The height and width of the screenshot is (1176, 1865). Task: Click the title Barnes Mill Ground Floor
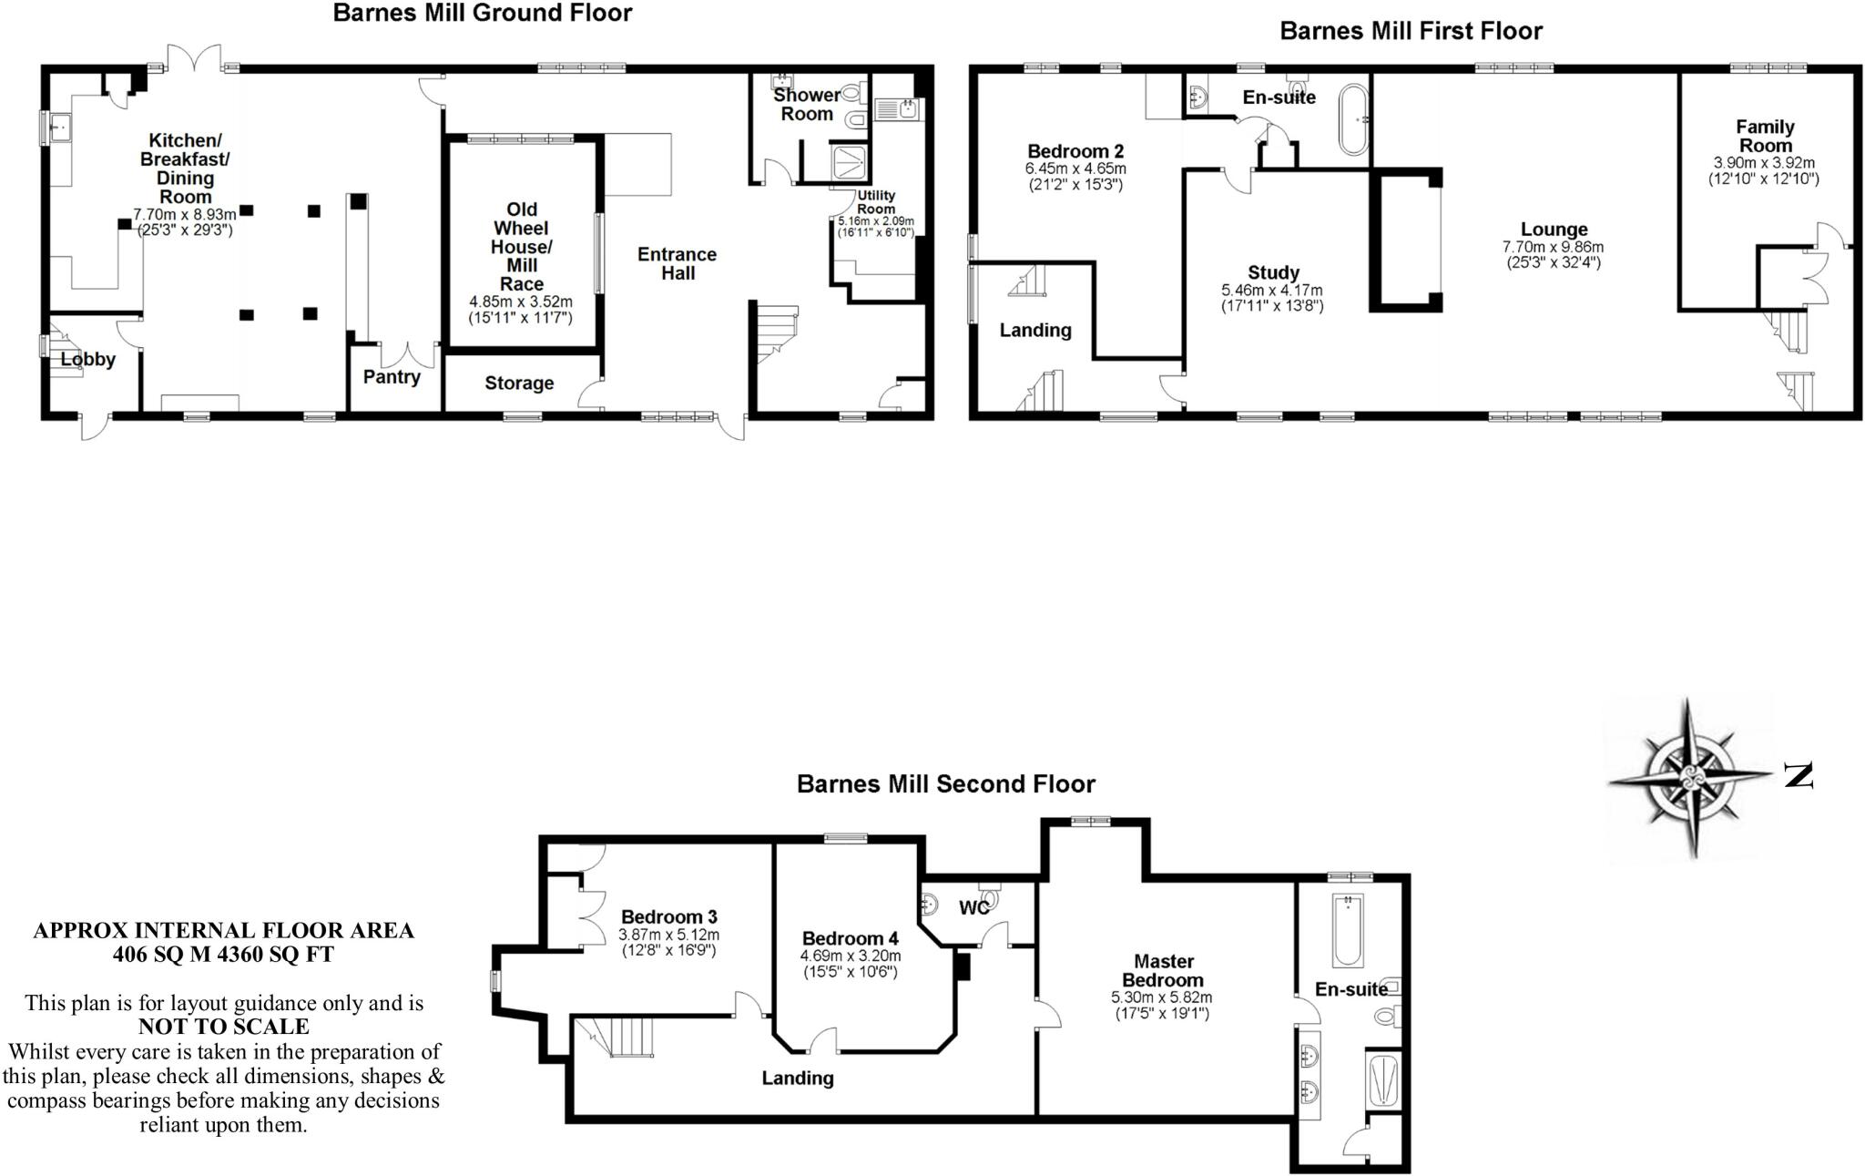tap(482, 14)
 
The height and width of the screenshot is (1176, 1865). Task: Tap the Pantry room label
tap(392, 377)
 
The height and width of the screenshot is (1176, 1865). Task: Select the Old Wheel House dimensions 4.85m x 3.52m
tap(521, 302)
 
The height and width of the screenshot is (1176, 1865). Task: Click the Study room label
tap(1273, 272)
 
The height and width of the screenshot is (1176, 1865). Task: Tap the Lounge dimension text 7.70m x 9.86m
tap(1553, 247)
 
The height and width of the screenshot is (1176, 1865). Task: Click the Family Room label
tap(1764, 136)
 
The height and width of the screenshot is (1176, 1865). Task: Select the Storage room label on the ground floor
tap(519, 383)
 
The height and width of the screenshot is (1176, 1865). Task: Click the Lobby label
tap(88, 360)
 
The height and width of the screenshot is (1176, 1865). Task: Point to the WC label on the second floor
tap(973, 908)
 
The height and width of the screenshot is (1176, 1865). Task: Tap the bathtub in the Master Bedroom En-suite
tap(1346, 930)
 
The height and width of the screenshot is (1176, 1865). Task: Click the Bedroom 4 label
tap(850, 938)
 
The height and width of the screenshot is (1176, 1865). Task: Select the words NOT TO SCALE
tap(223, 1027)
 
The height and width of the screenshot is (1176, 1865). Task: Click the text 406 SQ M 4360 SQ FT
tap(223, 955)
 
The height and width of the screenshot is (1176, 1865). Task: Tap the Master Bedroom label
tap(1163, 970)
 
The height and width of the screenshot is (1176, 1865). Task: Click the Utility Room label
tap(876, 202)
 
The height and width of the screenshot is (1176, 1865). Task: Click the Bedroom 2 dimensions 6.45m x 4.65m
tap(1075, 169)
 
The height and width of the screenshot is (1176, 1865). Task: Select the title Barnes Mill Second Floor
tap(945, 784)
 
